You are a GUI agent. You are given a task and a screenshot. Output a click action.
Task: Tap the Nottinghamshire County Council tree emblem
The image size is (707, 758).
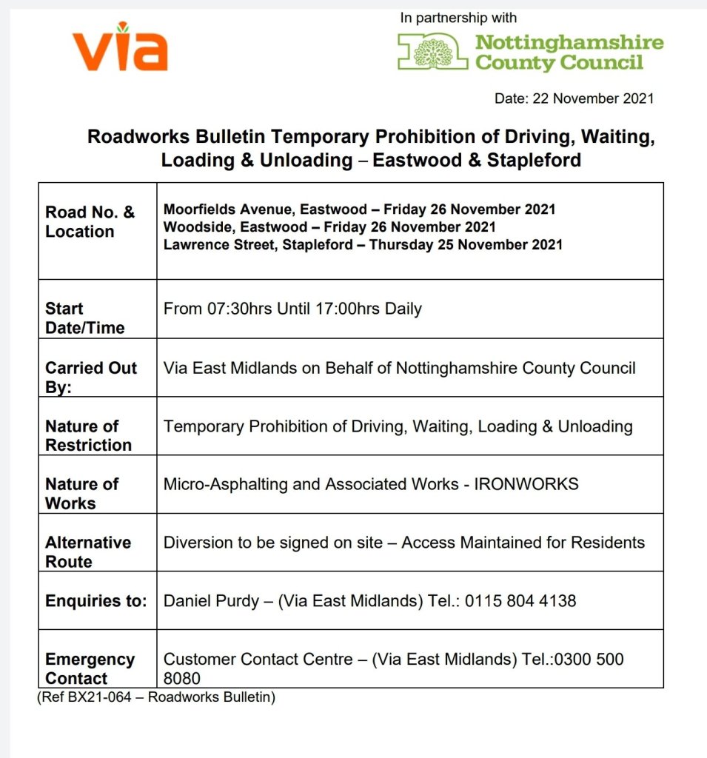(x=433, y=53)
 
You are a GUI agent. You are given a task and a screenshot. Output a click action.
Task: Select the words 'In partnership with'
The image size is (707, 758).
(x=458, y=18)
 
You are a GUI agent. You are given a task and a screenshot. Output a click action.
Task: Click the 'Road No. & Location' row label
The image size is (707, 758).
(x=90, y=222)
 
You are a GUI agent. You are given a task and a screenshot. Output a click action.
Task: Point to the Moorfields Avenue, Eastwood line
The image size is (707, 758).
(x=359, y=209)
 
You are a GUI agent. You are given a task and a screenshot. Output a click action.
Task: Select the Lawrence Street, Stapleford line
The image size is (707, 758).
(x=363, y=244)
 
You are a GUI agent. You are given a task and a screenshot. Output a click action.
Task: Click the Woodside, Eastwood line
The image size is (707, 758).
(x=329, y=227)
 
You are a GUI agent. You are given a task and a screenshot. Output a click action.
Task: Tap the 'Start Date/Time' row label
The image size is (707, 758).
(x=84, y=318)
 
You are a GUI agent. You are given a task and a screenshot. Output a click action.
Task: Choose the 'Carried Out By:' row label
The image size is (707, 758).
(x=90, y=377)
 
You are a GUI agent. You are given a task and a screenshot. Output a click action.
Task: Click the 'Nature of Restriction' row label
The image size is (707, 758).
(x=88, y=435)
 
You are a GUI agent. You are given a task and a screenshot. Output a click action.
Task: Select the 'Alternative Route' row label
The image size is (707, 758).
(x=87, y=551)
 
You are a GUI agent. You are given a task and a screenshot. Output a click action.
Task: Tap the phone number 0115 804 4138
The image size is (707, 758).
(x=520, y=601)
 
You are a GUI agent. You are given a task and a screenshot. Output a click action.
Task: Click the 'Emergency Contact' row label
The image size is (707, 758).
(x=89, y=668)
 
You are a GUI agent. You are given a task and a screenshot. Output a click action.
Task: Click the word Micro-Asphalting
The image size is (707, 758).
(x=220, y=484)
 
